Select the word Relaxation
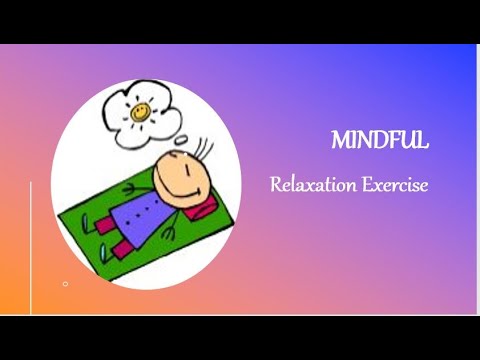(x=306, y=186)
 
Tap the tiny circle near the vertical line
(x=65, y=284)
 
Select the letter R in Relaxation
(x=275, y=186)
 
